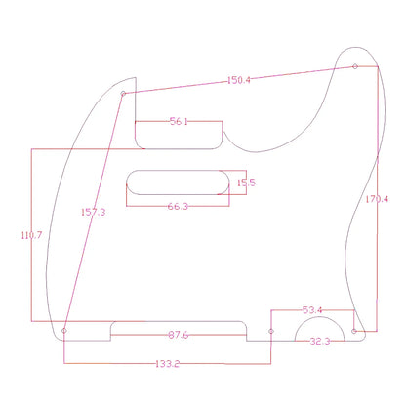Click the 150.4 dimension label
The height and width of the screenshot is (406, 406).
pyautogui.click(x=239, y=80)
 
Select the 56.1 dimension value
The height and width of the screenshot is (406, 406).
pyautogui.click(x=179, y=122)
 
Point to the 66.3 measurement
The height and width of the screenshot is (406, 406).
pyautogui.click(x=179, y=206)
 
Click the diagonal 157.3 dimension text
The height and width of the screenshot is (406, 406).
pyautogui.click(x=95, y=211)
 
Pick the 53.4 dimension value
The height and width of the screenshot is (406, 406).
pyautogui.click(x=313, y=309)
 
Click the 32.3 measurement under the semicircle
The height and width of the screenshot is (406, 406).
pyautogui.click(x=320, y=343)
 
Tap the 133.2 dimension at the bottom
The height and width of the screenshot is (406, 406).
pyautogui.click(x=167, y=364)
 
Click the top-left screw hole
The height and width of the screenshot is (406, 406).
pyautogui.click(x=123, y=94)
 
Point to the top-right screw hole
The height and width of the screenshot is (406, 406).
pyautogui.click(x=355, y=67)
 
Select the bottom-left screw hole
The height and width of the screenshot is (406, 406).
pyautogui.click(x=65, y=331)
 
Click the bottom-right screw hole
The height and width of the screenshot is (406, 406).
pyautogui.click(x=355, y=331)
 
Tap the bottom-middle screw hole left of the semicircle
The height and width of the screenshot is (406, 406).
pyautogui.click(x=271, y=332)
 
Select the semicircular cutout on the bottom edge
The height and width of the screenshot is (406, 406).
pyautogui.click(x=320, y=332)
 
